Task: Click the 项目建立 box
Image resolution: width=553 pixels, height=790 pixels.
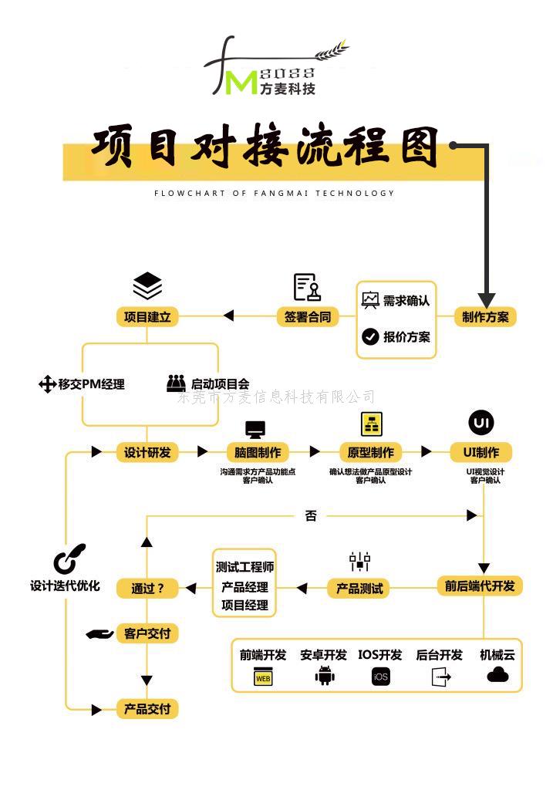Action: (147, 316)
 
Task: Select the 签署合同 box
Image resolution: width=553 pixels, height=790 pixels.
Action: (308, 316)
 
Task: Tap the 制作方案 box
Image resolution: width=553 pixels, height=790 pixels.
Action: (485, 316)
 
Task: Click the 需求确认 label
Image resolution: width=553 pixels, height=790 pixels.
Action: (406, 300)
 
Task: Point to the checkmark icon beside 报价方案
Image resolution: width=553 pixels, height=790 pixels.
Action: (370, 336)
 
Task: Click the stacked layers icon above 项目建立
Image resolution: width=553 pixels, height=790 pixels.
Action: (147, 285)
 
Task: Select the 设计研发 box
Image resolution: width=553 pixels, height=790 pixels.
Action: (147, 452)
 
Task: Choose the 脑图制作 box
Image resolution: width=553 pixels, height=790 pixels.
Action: (258, 452)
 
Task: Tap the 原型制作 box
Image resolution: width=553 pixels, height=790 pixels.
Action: (371, 452)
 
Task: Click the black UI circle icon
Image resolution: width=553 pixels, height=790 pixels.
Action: (481, 422)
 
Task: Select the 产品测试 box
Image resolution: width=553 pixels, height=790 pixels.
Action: (359, 588)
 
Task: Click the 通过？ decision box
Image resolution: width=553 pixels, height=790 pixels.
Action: (147, 588)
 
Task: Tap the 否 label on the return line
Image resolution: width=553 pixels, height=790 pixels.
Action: (311, 515)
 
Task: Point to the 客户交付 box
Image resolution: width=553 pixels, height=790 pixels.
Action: (147, 633)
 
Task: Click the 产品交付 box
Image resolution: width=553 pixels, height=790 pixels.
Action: (147, 708)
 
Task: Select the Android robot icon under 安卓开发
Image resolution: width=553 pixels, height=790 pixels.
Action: (325, 677)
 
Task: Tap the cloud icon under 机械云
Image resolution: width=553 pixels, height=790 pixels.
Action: (497, 675)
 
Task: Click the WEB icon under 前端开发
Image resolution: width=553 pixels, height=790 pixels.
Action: (263, 678)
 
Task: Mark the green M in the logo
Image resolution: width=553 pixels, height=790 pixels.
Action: (242, 83)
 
